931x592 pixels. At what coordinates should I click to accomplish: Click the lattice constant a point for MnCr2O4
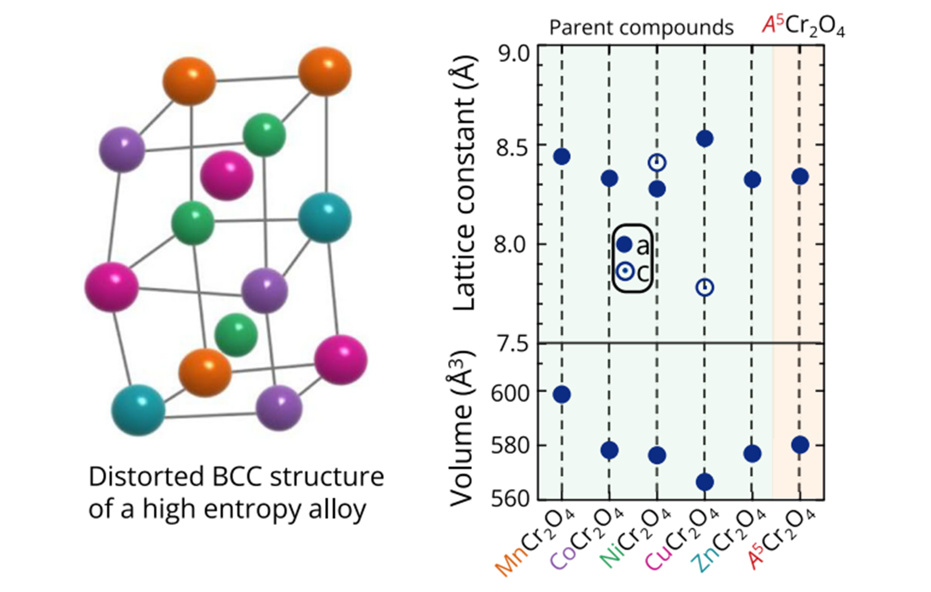(x=562, y=157)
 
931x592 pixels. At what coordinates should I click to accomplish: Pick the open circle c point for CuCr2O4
(x=705, y=287)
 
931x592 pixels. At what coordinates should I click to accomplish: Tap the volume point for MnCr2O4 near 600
(x=562, y=395)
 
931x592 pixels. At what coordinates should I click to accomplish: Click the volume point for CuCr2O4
(x=705, y=482)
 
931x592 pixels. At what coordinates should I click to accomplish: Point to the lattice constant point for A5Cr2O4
(x=800, y=177)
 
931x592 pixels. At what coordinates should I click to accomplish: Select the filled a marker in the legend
(x=624, y=244)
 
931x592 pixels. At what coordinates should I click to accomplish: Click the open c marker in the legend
(x=624, y=272)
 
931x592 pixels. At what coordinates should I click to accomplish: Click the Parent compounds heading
(x=642, y=28)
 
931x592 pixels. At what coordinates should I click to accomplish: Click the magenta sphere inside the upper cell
(x=227, y=176)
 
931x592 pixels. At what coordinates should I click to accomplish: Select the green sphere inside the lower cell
(x=236, y=335)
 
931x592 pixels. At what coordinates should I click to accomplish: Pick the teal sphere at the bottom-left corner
(x=138, y=410)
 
